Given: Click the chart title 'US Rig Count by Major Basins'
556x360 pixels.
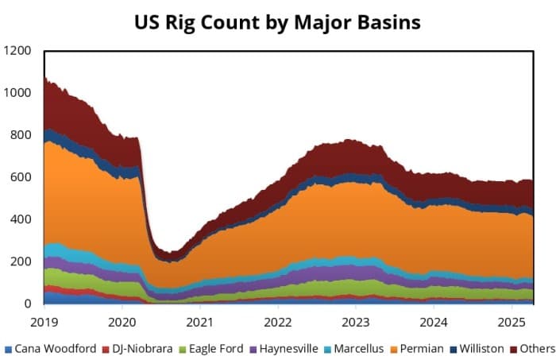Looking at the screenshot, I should tap(277, 21).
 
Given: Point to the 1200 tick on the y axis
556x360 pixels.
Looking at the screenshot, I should tap(18, 51).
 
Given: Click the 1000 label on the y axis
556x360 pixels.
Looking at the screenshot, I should tap(18, 93).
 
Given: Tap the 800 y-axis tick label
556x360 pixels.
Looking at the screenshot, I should tap(21, 135).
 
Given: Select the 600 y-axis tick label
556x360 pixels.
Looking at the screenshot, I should tap(21, 177).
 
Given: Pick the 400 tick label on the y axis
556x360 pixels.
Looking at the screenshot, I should tap(21, 219).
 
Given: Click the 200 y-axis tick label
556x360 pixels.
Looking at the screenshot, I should tap(21, 261).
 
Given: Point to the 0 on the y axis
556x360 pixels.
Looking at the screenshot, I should tap(28, 304).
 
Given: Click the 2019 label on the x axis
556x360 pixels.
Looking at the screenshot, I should tap(44, 323).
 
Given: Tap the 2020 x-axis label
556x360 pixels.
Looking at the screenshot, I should tap(122, 323).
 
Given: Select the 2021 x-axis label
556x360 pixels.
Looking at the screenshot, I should tap(200, 323).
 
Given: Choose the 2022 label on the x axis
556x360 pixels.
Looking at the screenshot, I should tap(279, 323).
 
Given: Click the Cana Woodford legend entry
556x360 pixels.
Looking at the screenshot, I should tap(54, 348).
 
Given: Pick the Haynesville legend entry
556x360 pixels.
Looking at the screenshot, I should tap(283, 348).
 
